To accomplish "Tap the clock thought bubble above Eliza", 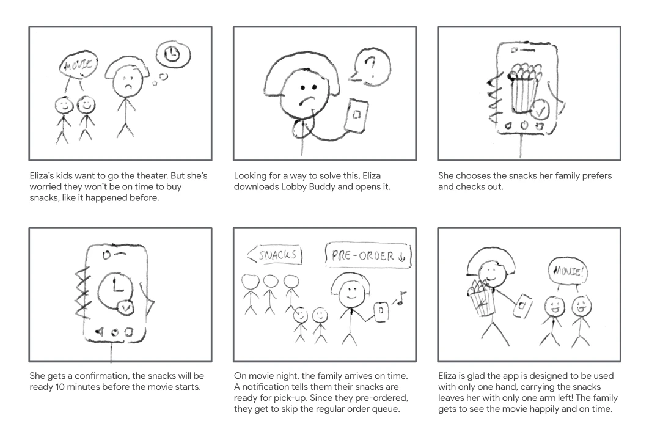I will [x=172, y=56].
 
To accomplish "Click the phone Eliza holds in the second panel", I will [x=356, y=114].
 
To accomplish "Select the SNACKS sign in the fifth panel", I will [x=275, y=254].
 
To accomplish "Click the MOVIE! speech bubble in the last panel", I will [x=568, y=268].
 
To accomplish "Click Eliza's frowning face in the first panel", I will [x=127, y=80].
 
